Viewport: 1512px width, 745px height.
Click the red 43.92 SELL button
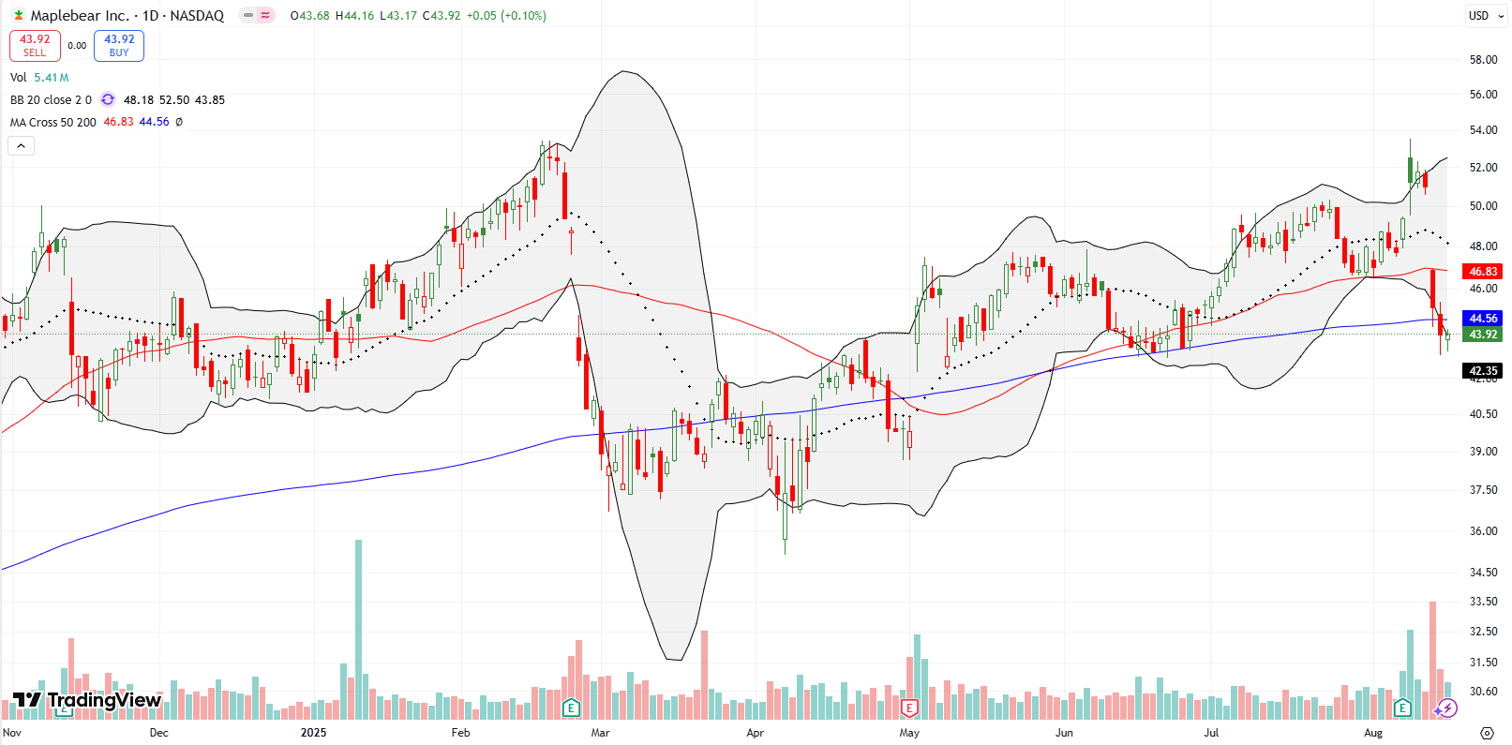click(35, 45)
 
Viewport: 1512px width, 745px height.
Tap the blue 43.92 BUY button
click(119, 45)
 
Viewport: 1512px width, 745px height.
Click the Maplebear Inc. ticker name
click(80, 15)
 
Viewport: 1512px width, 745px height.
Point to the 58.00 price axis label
click(1483, 60)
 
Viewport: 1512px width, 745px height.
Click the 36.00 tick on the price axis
click(1483, 531)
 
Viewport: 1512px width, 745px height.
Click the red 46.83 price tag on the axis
click(1483, 272)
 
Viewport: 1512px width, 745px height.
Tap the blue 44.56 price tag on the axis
click(1483, 319)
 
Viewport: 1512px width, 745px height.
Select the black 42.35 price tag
click(1483, 371)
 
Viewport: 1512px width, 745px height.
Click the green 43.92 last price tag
click(1483, 335)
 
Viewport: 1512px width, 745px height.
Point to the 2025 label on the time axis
click(313, 733)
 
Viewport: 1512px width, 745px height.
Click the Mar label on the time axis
click(600, 733)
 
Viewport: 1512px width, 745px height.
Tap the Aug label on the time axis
click(1373, 733)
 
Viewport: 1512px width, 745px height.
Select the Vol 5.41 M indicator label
click(39, 78)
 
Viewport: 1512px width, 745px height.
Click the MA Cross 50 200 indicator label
click(53, 122)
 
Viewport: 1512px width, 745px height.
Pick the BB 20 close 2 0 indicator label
click(51, 99)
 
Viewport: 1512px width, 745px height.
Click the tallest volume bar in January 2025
click(358, 628)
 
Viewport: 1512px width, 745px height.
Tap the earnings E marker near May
click(908, 708)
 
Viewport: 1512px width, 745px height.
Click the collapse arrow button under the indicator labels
click(21, 145)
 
